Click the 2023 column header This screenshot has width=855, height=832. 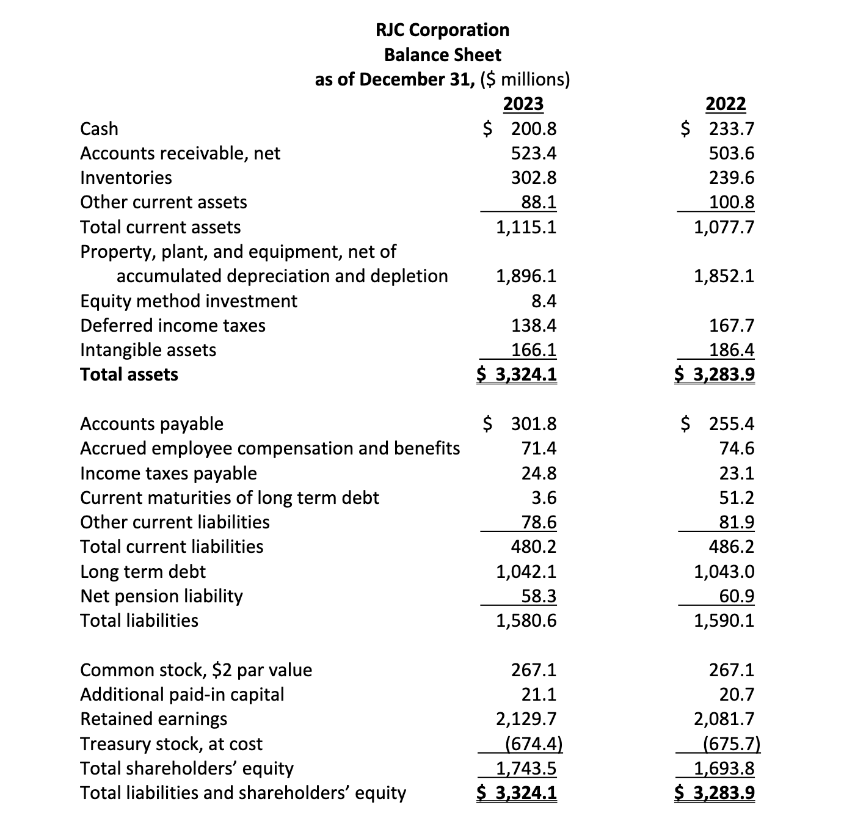523,104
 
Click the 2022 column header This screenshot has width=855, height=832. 725,104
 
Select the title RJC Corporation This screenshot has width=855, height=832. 442,30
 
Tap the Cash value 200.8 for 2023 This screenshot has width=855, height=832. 533,129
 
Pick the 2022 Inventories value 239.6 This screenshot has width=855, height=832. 731,178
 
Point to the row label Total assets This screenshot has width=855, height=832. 129,374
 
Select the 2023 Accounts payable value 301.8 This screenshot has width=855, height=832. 533,424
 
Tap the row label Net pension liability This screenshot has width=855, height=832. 161,596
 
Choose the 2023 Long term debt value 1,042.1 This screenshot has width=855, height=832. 526,572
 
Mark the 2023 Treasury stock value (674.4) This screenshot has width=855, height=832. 534,744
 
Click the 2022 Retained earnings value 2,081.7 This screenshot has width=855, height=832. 724,719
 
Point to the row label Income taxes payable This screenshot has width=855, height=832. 169,473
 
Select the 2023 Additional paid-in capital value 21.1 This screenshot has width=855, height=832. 539,695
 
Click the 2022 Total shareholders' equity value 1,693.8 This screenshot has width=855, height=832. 724,768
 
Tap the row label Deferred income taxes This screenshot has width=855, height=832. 173,326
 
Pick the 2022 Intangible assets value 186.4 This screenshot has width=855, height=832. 731,350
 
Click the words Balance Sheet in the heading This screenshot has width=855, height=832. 442,55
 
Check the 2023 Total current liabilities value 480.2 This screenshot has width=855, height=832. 533,547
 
